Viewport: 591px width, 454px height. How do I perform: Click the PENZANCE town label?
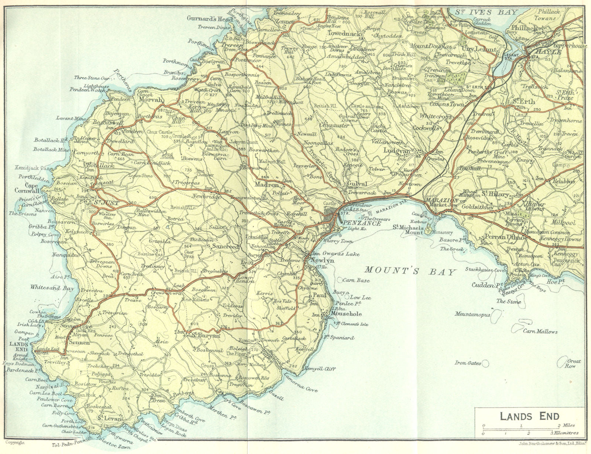pyautogui.click(x=356, y=224)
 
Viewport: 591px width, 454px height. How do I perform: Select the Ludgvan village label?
pyautogui.click(x=396, y=150)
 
